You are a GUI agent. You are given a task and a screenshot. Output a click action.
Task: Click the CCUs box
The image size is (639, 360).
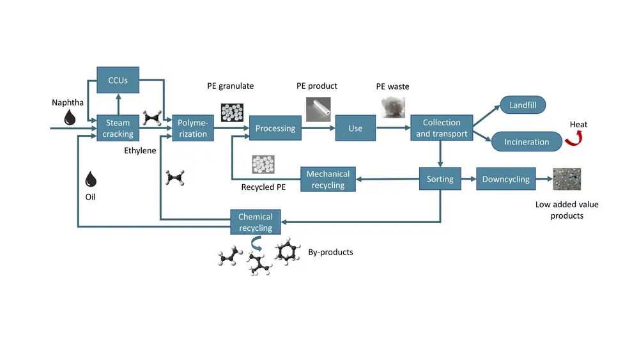[x=118, y=81]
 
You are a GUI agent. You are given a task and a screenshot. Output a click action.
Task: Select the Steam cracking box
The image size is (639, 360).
[x=118, y=128]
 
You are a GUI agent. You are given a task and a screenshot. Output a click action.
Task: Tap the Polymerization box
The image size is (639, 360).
[x=193, y=128]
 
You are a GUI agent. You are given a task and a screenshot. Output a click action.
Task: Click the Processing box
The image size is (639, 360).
[x=275, y=128]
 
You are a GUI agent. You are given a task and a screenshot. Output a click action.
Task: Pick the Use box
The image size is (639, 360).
[x=355, y=128]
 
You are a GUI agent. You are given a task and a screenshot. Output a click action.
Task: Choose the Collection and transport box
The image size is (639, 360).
[x=442, y=128]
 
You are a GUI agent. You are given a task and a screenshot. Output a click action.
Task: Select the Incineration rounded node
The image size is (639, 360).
[x=526, y=141]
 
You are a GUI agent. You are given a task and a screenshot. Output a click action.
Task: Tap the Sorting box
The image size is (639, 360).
[x=440, y=179]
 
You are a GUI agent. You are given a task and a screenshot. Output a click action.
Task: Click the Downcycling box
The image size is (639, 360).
[x=505, y=179]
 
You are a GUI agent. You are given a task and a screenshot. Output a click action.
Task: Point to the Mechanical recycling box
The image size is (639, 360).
[x=328, y=179]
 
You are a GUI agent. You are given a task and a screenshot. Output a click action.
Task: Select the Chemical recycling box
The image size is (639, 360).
[x=256, y=222]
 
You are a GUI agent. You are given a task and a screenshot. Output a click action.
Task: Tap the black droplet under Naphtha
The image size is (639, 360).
[x=69, y=116]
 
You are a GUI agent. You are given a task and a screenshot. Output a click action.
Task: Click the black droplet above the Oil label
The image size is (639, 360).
[x=91, y=179]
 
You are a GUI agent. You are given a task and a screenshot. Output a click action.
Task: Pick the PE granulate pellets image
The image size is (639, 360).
[x=233, y=112]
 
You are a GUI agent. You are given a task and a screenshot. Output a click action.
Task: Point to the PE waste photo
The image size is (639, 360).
[x=393, y=107]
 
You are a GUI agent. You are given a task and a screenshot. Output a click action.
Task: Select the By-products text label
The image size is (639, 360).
[x=330, y=252]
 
